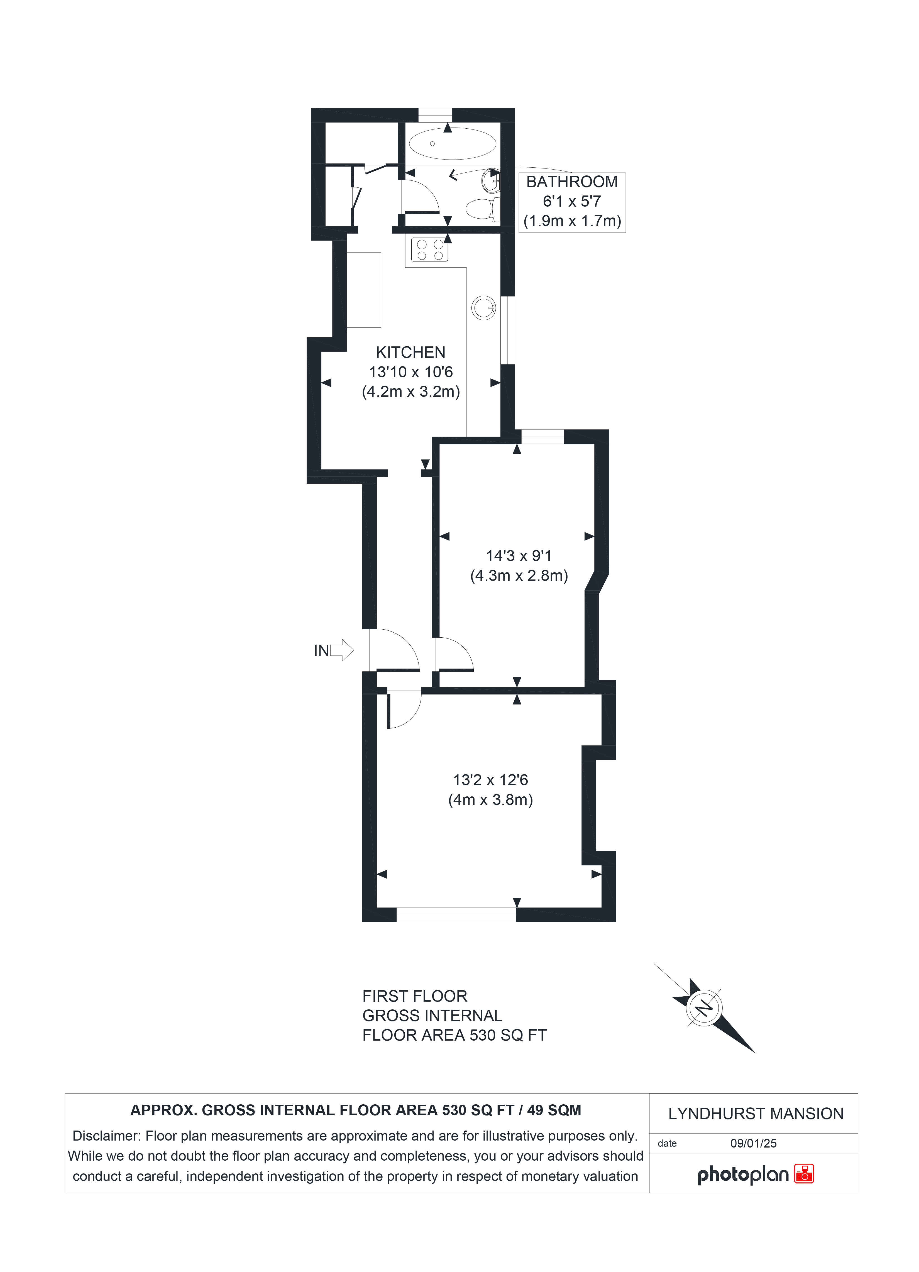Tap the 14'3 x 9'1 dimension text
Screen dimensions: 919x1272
tap(519, 556)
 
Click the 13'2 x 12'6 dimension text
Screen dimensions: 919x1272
tap(491, 780)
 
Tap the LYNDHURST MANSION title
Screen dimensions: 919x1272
tap(756, 1114)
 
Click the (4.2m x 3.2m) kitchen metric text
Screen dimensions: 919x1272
tap(411, 392)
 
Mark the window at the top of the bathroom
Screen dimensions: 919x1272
tap(435, 115)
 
